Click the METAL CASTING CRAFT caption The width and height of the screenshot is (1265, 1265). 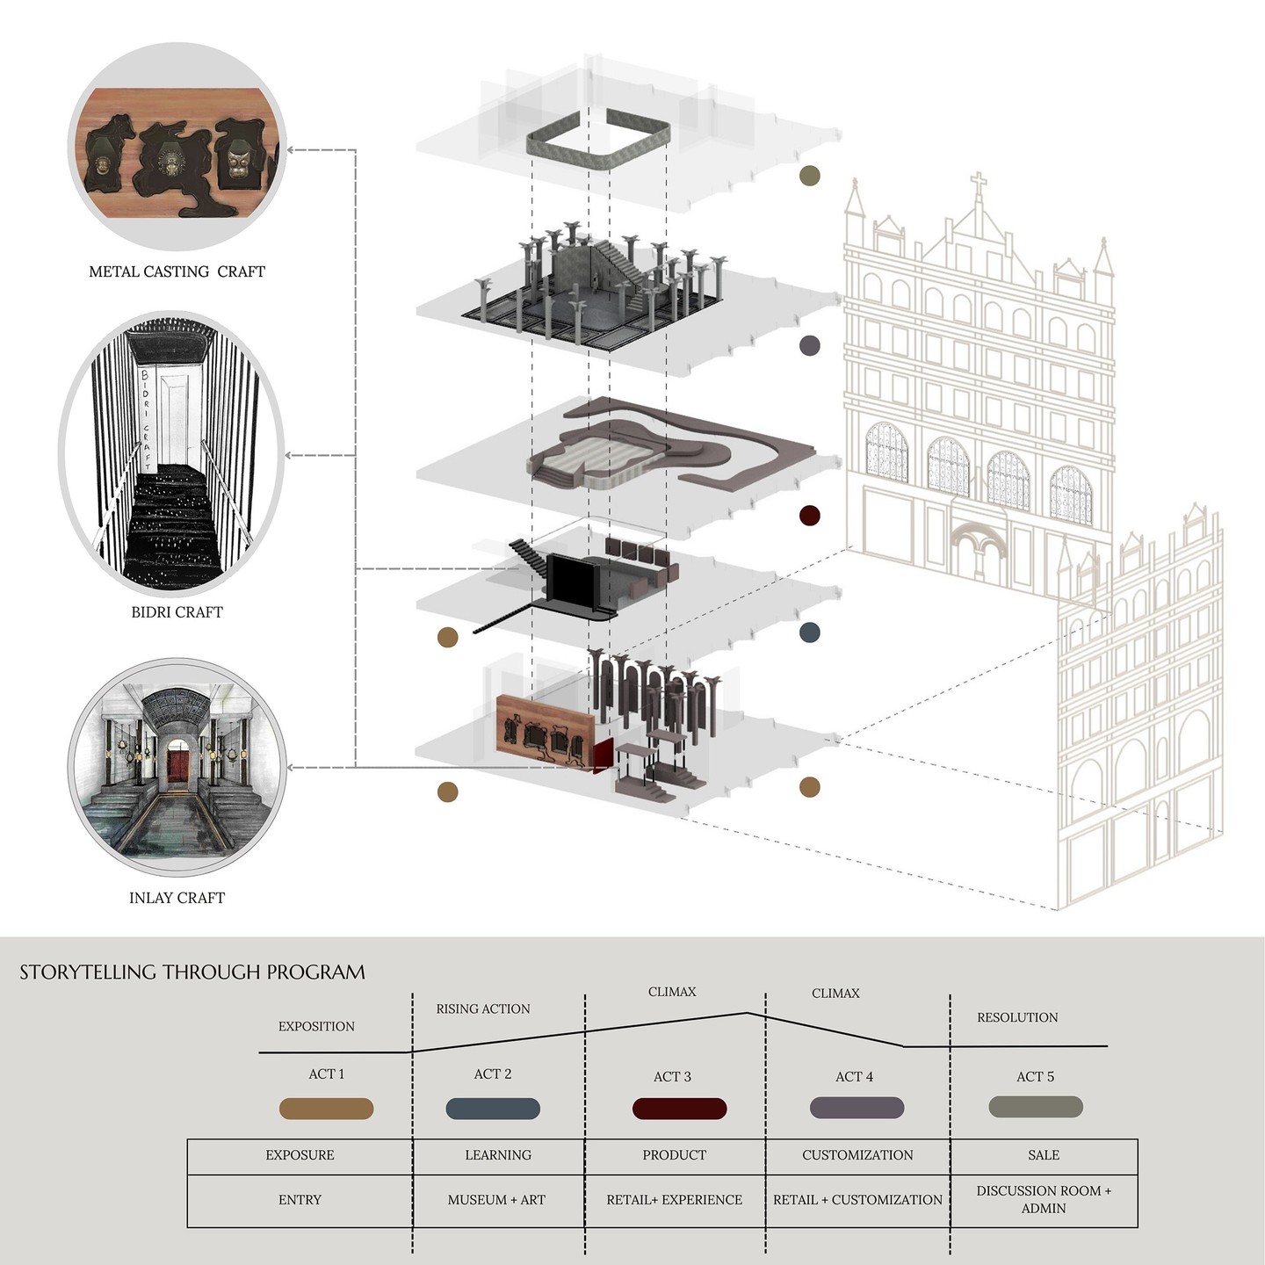[x=177, y=272]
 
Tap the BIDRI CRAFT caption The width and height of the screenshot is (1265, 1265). [x=177, y=612]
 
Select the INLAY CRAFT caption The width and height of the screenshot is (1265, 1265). [x=177, y=898]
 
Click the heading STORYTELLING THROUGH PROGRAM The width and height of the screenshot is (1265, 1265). [x=192, y=972]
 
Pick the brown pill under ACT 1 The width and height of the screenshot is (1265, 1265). [x=326, y=1109]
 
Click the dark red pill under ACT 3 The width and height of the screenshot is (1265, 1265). [x=679, y=1109]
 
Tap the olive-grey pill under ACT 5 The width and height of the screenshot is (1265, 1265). [x=1035, y=1107]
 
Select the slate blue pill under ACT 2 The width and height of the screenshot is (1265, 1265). [x=493, y=1109]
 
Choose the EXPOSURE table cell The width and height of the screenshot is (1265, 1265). [x=300, y=1155]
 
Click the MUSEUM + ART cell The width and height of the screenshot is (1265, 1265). [x=496, y=1200]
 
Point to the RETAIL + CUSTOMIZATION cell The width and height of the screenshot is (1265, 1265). [x=857, y=1200]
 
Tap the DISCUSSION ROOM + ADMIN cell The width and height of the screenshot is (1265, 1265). [x=1044, y=1200]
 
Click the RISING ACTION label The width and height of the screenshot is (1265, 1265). [x=483, y=1009]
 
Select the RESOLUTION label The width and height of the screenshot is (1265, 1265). [x=1017, y=1017]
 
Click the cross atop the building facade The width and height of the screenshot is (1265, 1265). [x=978, y=187]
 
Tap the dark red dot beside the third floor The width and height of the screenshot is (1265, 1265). [x=809, y=516]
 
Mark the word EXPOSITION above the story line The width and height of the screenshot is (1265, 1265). [x=316, y=1026]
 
